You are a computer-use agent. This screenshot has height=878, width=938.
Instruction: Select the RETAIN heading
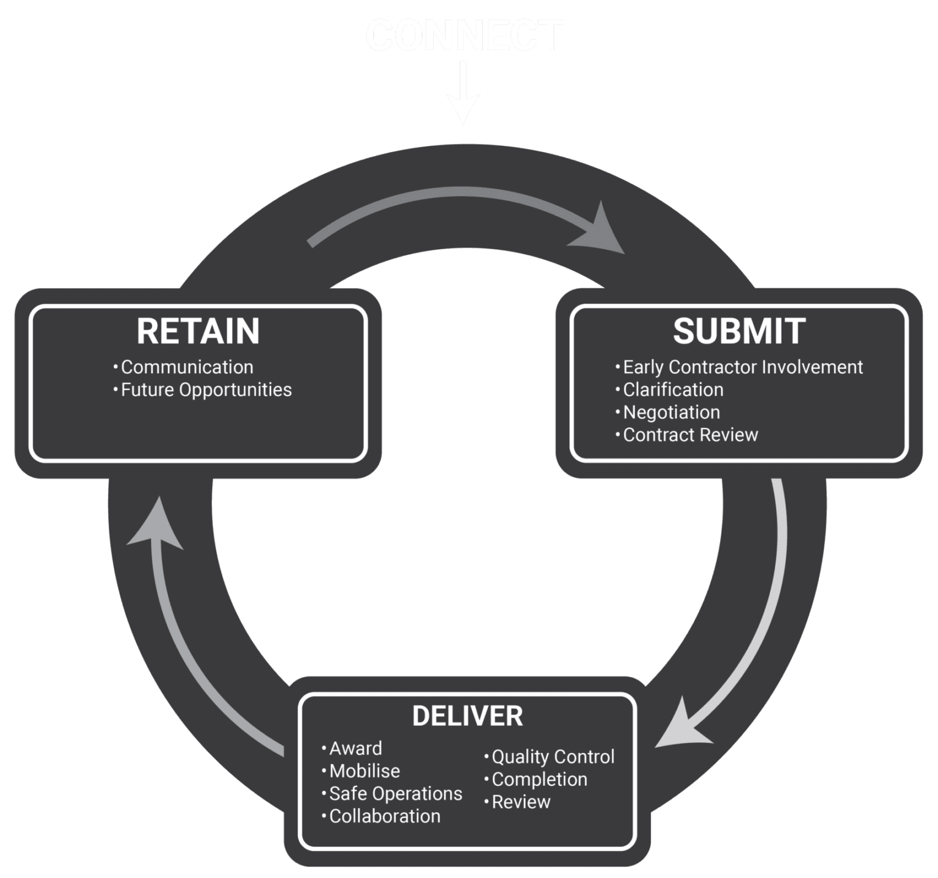pyautogui.click(x=198, y=331)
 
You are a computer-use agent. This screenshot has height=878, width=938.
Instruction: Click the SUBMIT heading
pyautogui.click(x=739, y=331)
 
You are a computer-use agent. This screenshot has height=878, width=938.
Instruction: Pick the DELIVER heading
pyautogui.click(x=467, y=716)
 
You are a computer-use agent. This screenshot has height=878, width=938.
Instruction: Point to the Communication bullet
pyautogui.click(x=186, y=367)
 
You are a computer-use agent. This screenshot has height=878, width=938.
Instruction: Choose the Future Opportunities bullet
pyautogui.click(x=206, y=390)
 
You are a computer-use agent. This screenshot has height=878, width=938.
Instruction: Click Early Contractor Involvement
pyautogui.click(x=742, y=367)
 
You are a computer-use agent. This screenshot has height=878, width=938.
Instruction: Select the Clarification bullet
pyautogui.click(x=672, y=390)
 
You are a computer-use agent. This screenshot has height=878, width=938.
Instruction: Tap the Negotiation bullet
pyautogui.click(x=671, y=412)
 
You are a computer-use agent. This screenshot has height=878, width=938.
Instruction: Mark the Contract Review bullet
pyautogui.click(x=690, y=435)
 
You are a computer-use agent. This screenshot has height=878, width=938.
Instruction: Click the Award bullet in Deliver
pyautogui.click(x=355, y=748)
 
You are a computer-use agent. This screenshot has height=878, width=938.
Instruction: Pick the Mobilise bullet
pyautogui.click(x=364, y=771)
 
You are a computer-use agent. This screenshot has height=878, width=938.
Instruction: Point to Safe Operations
pyautogui.click(x=395, y=793)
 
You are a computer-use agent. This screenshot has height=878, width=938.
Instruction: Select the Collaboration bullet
pyautogui.click(x=384, y=816)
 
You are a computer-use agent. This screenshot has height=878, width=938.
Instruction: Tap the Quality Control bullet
pyautogui.click(x=553, y=756)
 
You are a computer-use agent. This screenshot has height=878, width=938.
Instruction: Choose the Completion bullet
pyautogui.click(x=539, y=779)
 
